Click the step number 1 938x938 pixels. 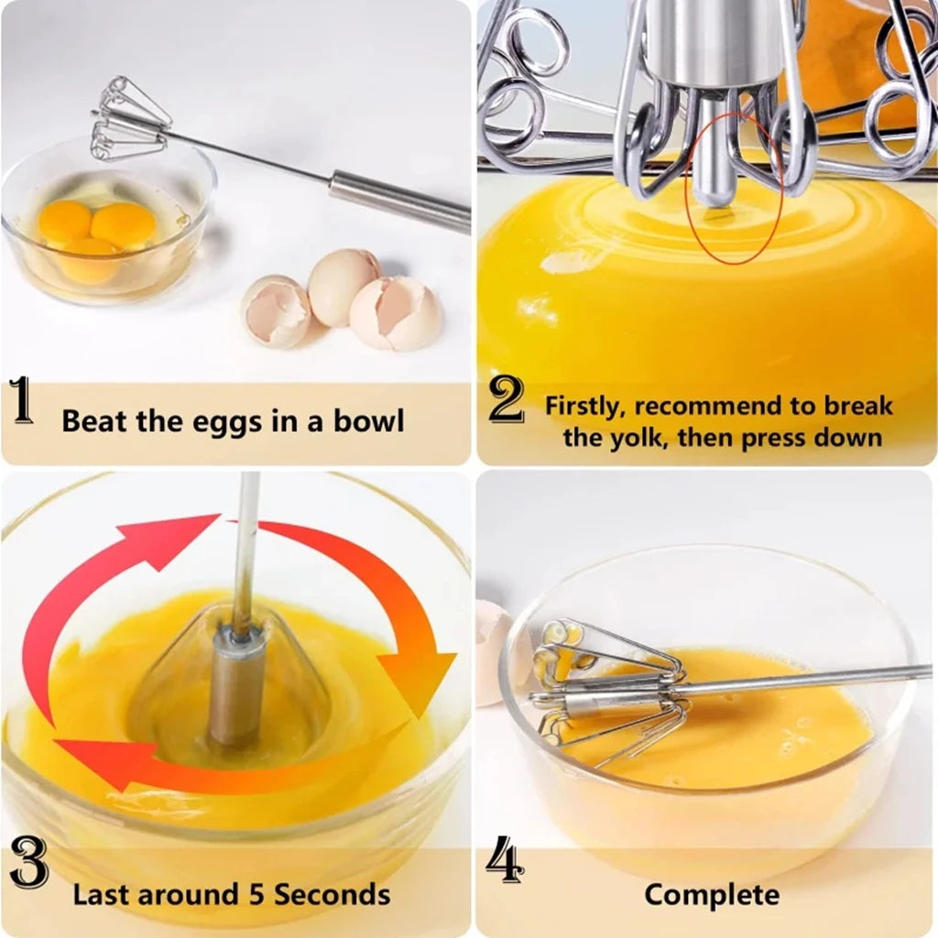point(22,404)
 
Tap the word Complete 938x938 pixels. point(712,894)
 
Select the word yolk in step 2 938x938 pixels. point(644,437)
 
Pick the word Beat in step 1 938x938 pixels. point(95,421)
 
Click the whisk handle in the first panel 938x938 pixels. point(399,200)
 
